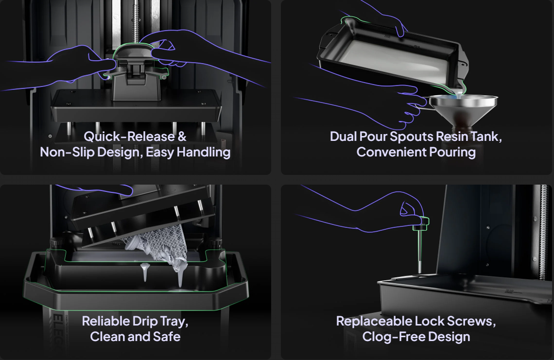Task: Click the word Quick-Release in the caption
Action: pyautogui.click(x=129, y=137)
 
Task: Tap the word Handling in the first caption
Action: pyautogui.click(x=204, y=152)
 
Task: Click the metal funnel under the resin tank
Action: pyautogui.click(x=463, y=108)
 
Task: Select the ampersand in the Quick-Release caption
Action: pyautogui.click(x=182, y=137)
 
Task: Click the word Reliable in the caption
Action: pyautogui.click(x=106, y=321)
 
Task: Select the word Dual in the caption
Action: pyautogui.click(x=343, y=137)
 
